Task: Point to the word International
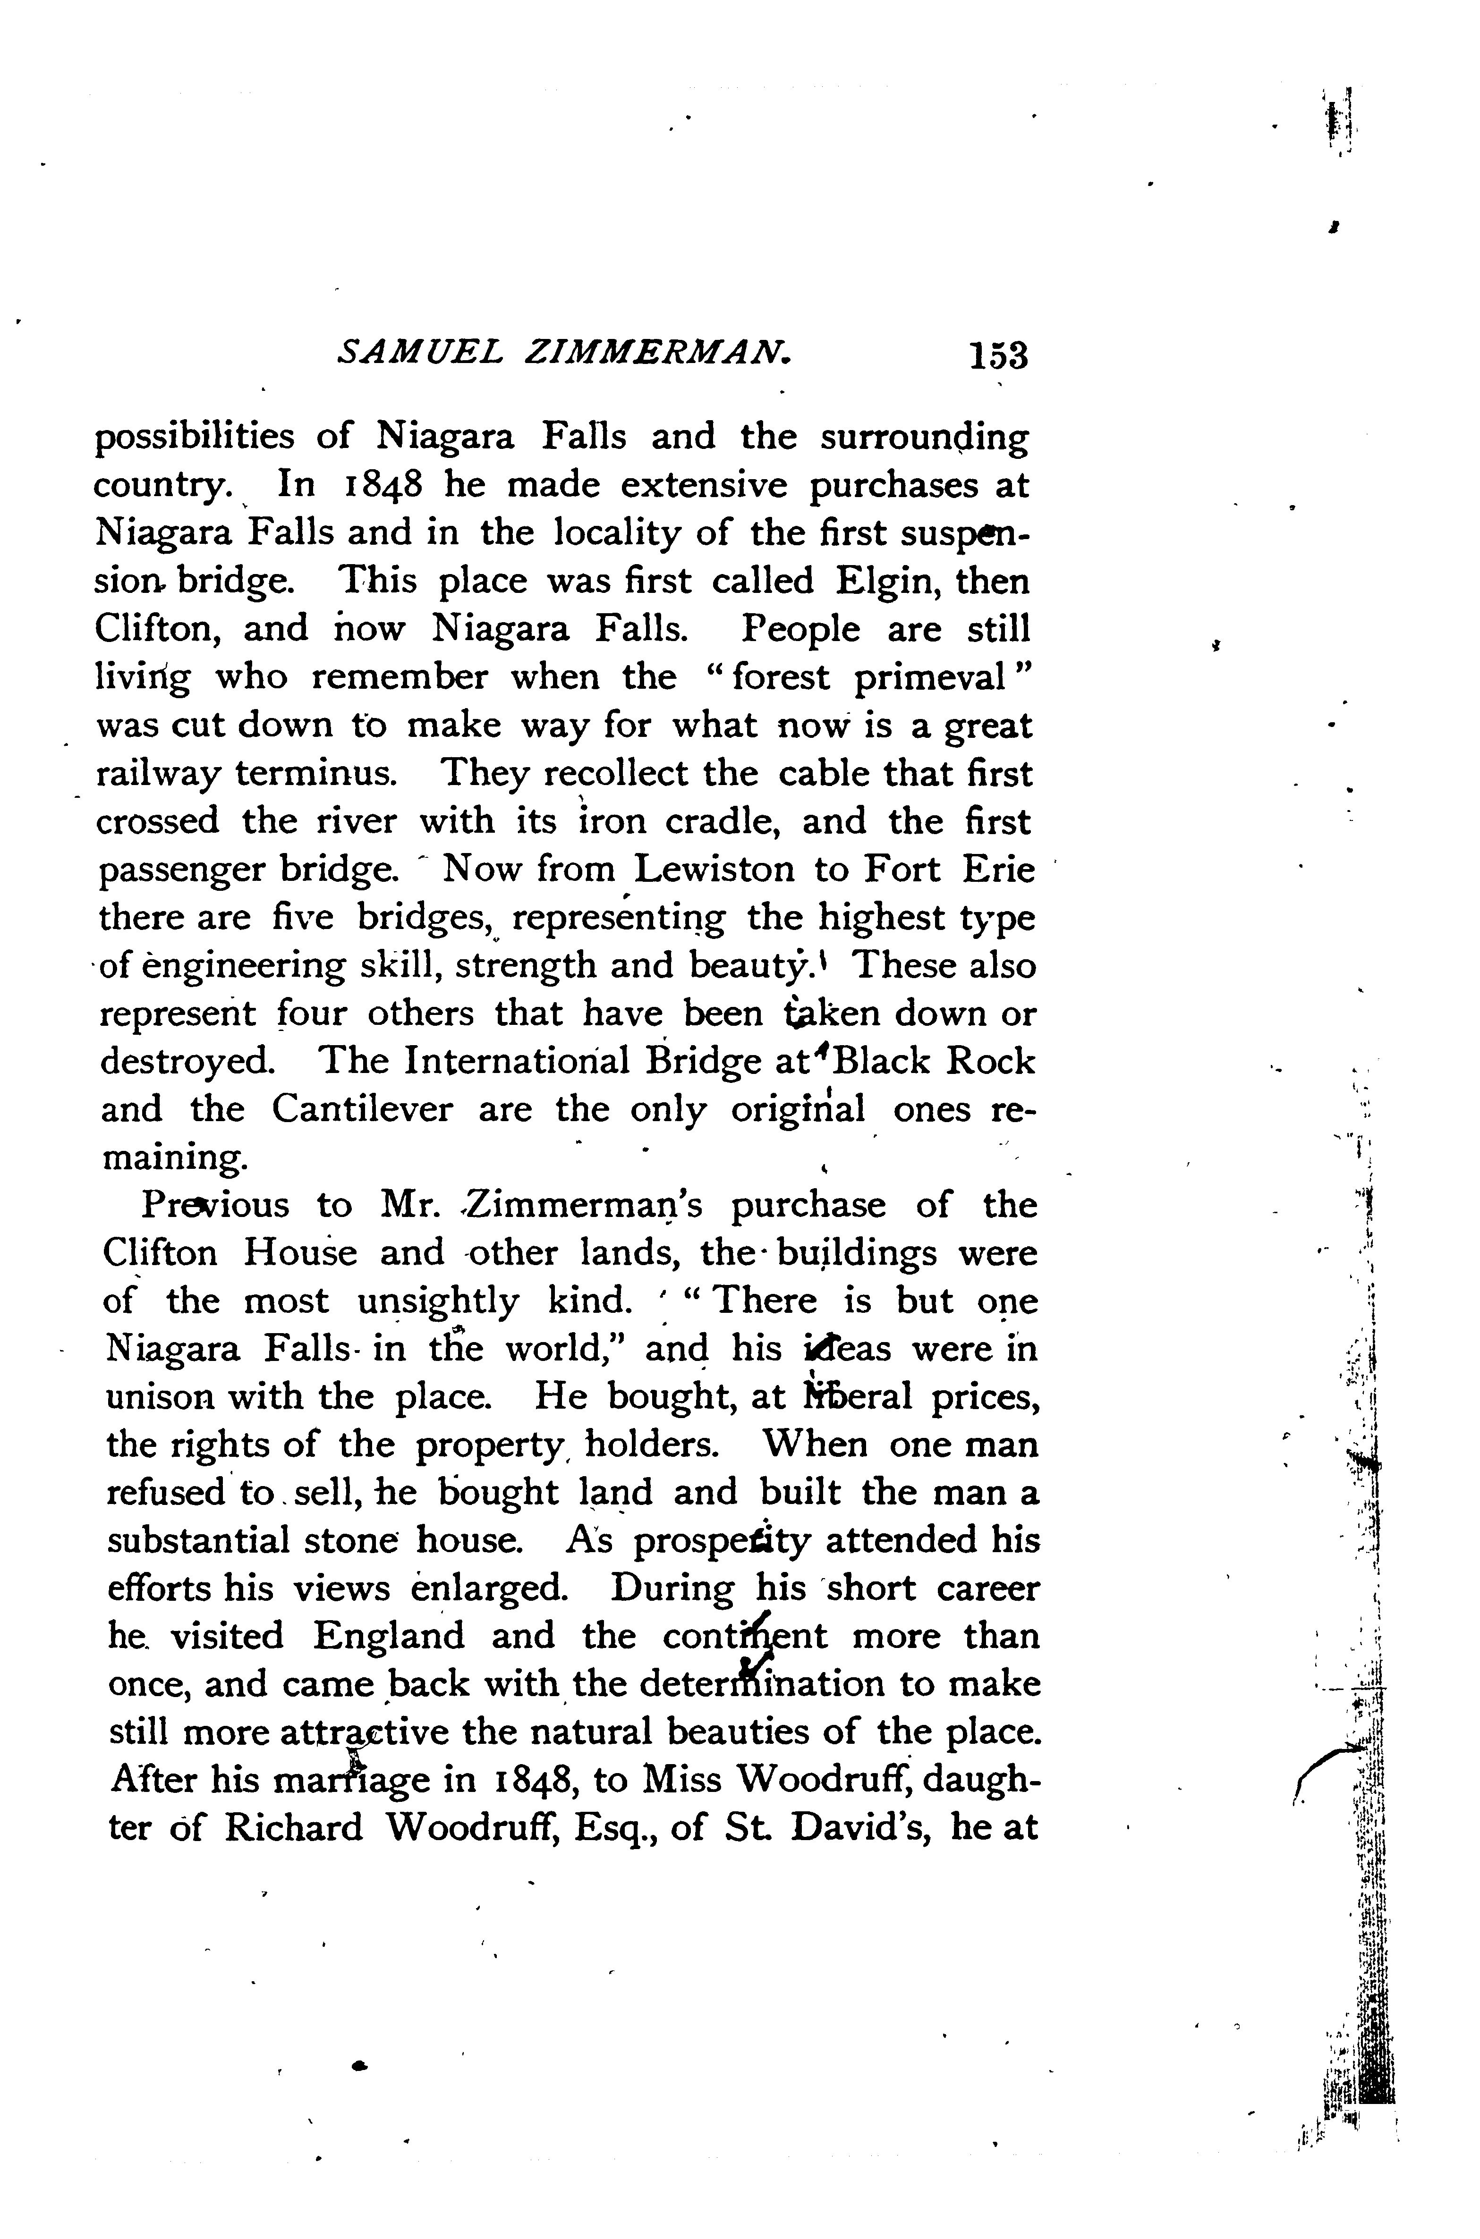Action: coord(515,1062)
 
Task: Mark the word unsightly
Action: coord(438,1301)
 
